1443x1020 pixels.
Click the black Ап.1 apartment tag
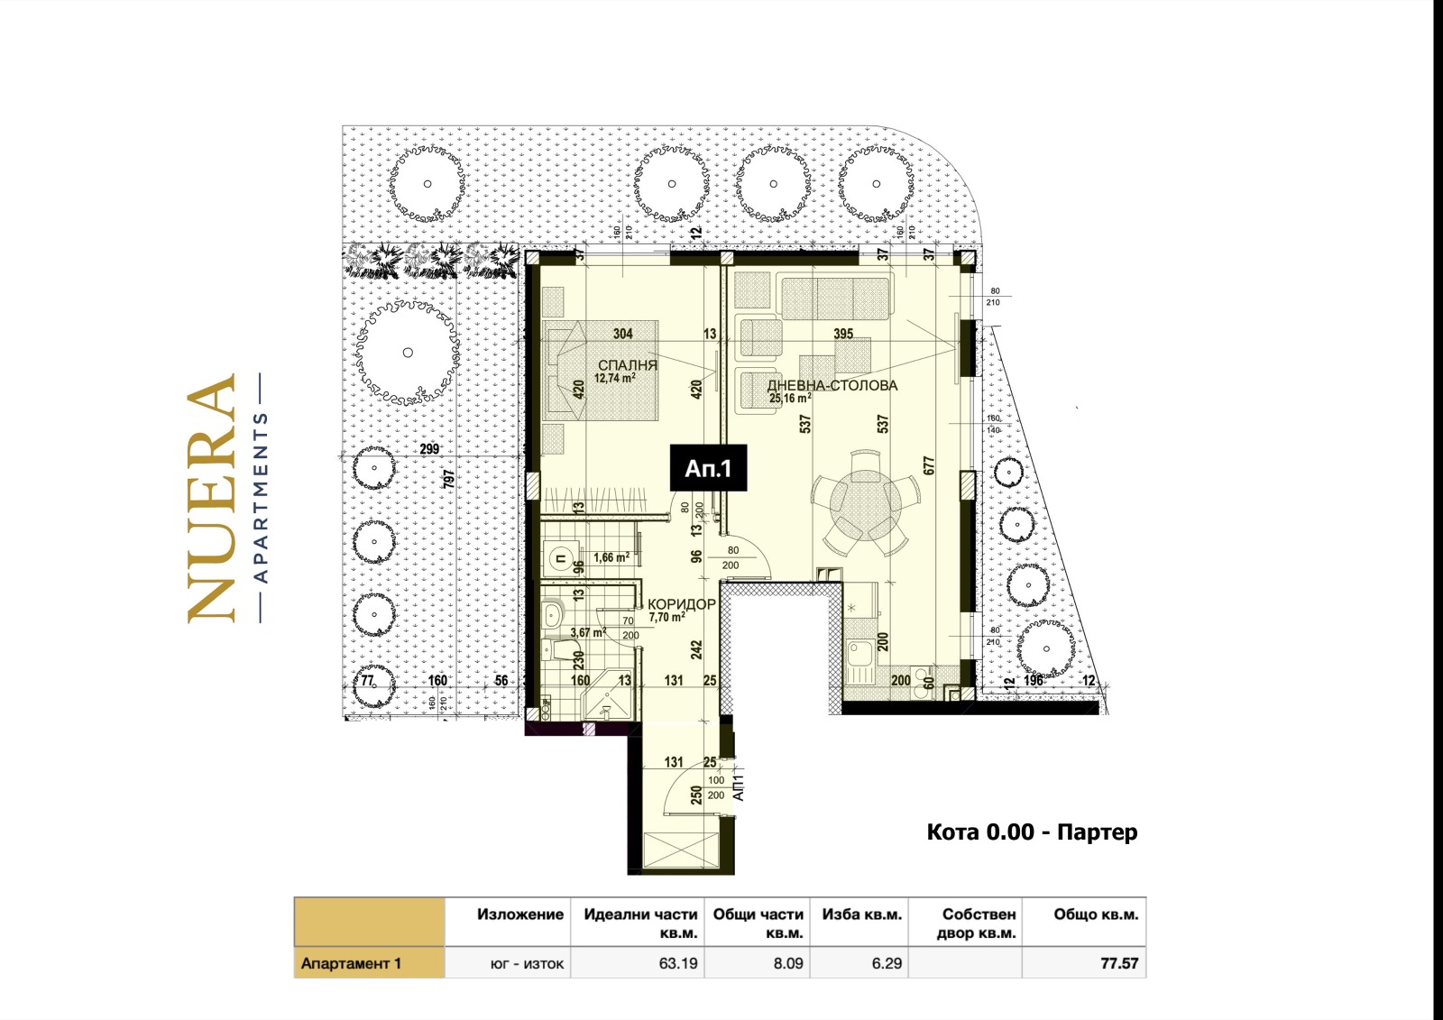click(x=708, y=469)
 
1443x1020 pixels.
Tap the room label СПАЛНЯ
click(x=627, y=365)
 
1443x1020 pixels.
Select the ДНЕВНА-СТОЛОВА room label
click(x=832, y=385)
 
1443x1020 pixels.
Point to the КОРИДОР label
click(x=682, y=604)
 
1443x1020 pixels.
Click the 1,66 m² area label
click(x=611, y=558)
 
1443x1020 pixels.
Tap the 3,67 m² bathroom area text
click(x=587, y=632)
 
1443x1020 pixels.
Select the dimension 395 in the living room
click(x=842, y=334)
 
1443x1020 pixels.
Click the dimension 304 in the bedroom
click(x=622, y=334)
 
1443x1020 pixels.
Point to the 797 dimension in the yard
click(x=448, y=478)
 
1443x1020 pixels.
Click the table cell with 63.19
click(x=678, y=963)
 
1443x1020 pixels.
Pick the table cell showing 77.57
click(x=1118, y=963)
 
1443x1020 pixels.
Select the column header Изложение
click(x=520, y=914)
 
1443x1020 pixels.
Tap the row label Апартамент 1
click(x=351, y=963)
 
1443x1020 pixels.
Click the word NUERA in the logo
click(x=212, y=498)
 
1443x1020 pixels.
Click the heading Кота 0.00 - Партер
click(x=1032, y=832)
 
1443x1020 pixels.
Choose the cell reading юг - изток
click(x=527, y=963)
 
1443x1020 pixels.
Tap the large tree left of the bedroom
click(x=408, y=353)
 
